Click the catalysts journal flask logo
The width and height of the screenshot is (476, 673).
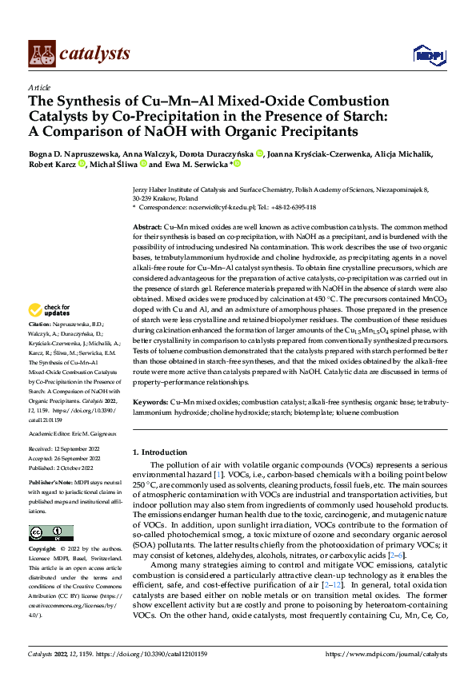[42, 53]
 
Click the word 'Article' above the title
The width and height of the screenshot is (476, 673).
[39, 87]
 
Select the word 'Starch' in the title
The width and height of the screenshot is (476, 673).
[365, 116]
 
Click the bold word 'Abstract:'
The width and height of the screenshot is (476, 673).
[147, 228]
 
